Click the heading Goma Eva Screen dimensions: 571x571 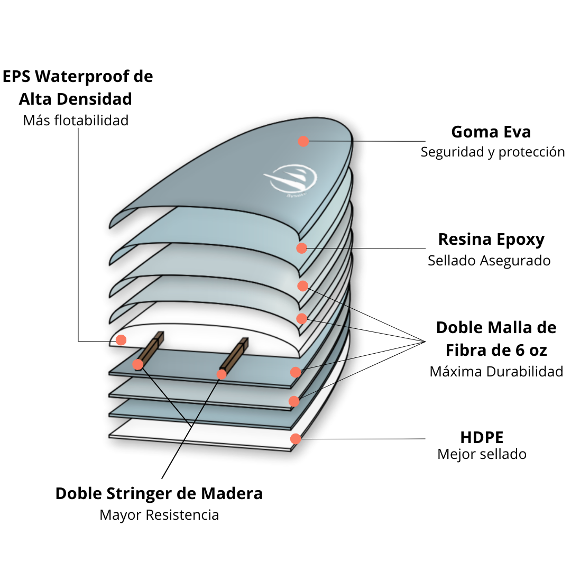point(491,132)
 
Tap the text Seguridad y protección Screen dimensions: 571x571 point(493,152)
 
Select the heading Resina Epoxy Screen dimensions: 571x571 point(491,240)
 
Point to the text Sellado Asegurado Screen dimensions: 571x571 point(489,261)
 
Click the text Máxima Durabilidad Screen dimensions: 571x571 point(496,372)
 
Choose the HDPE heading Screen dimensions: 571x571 point(482,437)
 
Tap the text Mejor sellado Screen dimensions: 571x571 point(482,454)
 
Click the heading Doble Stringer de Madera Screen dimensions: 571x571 point(159,494)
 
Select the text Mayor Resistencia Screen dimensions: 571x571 point(159,515)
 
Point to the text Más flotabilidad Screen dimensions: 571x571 point(76,121)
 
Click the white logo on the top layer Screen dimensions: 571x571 point(292,180)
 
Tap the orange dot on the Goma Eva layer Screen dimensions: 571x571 point(303,141)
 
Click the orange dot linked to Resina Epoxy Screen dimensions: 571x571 point(301,248)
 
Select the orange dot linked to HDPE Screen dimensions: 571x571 point(296,438)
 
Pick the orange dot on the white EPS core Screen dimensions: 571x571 point(121,340)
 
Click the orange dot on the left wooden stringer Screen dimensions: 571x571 point(138,364)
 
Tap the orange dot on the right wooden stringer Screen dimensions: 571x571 point(222,374)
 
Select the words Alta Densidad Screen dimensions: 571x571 point(76,99)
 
